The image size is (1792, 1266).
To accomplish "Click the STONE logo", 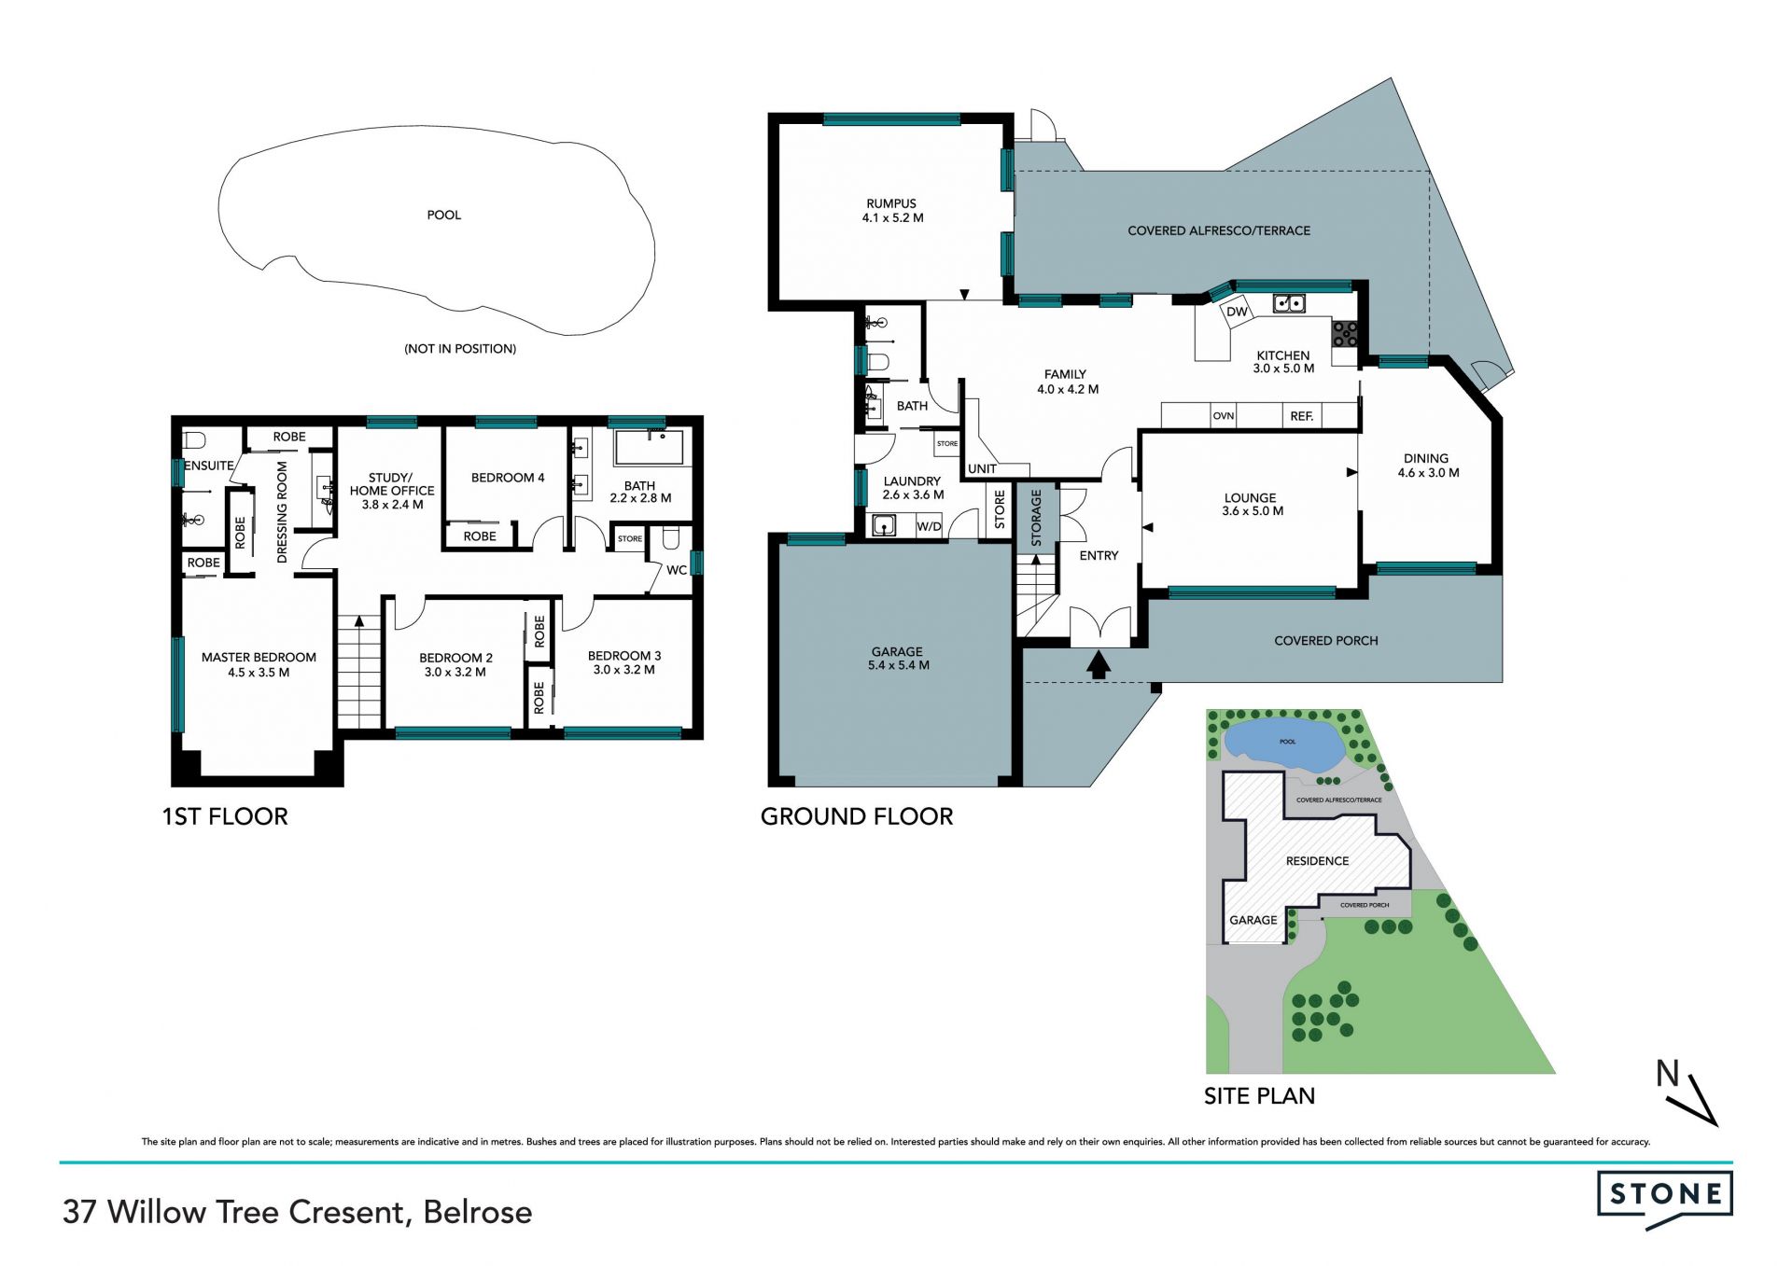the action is pyautogui.click(x=1664, y=1196).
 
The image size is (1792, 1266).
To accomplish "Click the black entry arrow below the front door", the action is pyautogui.click(x=1099, y=663).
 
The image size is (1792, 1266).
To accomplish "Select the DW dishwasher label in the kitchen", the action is pyautogui.click(x=1237, y=312).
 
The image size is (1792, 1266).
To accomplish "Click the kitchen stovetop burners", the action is pyautogui.click(x=1345, y=333).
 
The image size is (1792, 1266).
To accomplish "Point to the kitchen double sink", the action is pyautogui.click(x=1290, y=302).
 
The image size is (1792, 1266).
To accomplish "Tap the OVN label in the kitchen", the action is pyautogui.click(x=1223, y=416).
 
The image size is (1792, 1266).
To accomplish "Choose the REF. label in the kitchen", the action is pyautogui.click(x=1302, y=416).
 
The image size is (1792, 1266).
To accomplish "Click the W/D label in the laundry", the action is pyautogui.click(x=929, y=527).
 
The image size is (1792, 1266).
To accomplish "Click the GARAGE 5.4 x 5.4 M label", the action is pyautogui.click(x=898, y=659).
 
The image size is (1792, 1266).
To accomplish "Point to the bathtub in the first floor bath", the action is pyautogui.click(x=649, y=448).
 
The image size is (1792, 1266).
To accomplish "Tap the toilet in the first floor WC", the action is pyautogui.click(x=671, y=538).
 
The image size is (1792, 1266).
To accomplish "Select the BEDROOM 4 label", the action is pyautogui.click(x=508, y=478).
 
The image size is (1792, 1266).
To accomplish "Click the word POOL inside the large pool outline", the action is pyautogui.click(x=444, y=215).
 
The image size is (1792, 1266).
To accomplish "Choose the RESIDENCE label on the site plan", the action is pyautogui.click(x=1317, y=861).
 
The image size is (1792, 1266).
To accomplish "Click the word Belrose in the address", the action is pyautogui.click(x=478, y=1212).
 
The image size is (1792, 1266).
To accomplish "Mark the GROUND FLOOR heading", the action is pyautogui.click(x=857, y=816).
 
